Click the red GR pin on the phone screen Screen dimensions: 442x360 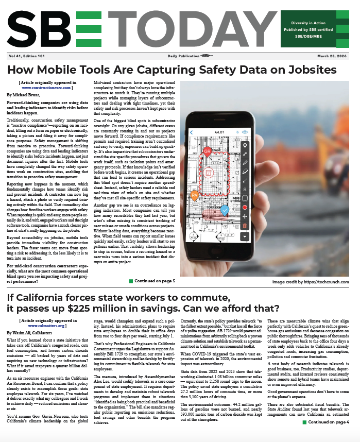tap(207, 151)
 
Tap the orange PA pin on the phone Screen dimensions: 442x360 tap(195, 195)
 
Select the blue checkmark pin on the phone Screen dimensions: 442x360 tap(224, 210)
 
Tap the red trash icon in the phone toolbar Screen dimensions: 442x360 tap(245, 225)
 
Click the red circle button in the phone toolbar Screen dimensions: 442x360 tap(245, 207)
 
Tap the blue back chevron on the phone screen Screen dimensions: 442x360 tap(192, 132)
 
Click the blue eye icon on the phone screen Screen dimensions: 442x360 tap(245, 132)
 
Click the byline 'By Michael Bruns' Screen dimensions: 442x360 tap(26, 96)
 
